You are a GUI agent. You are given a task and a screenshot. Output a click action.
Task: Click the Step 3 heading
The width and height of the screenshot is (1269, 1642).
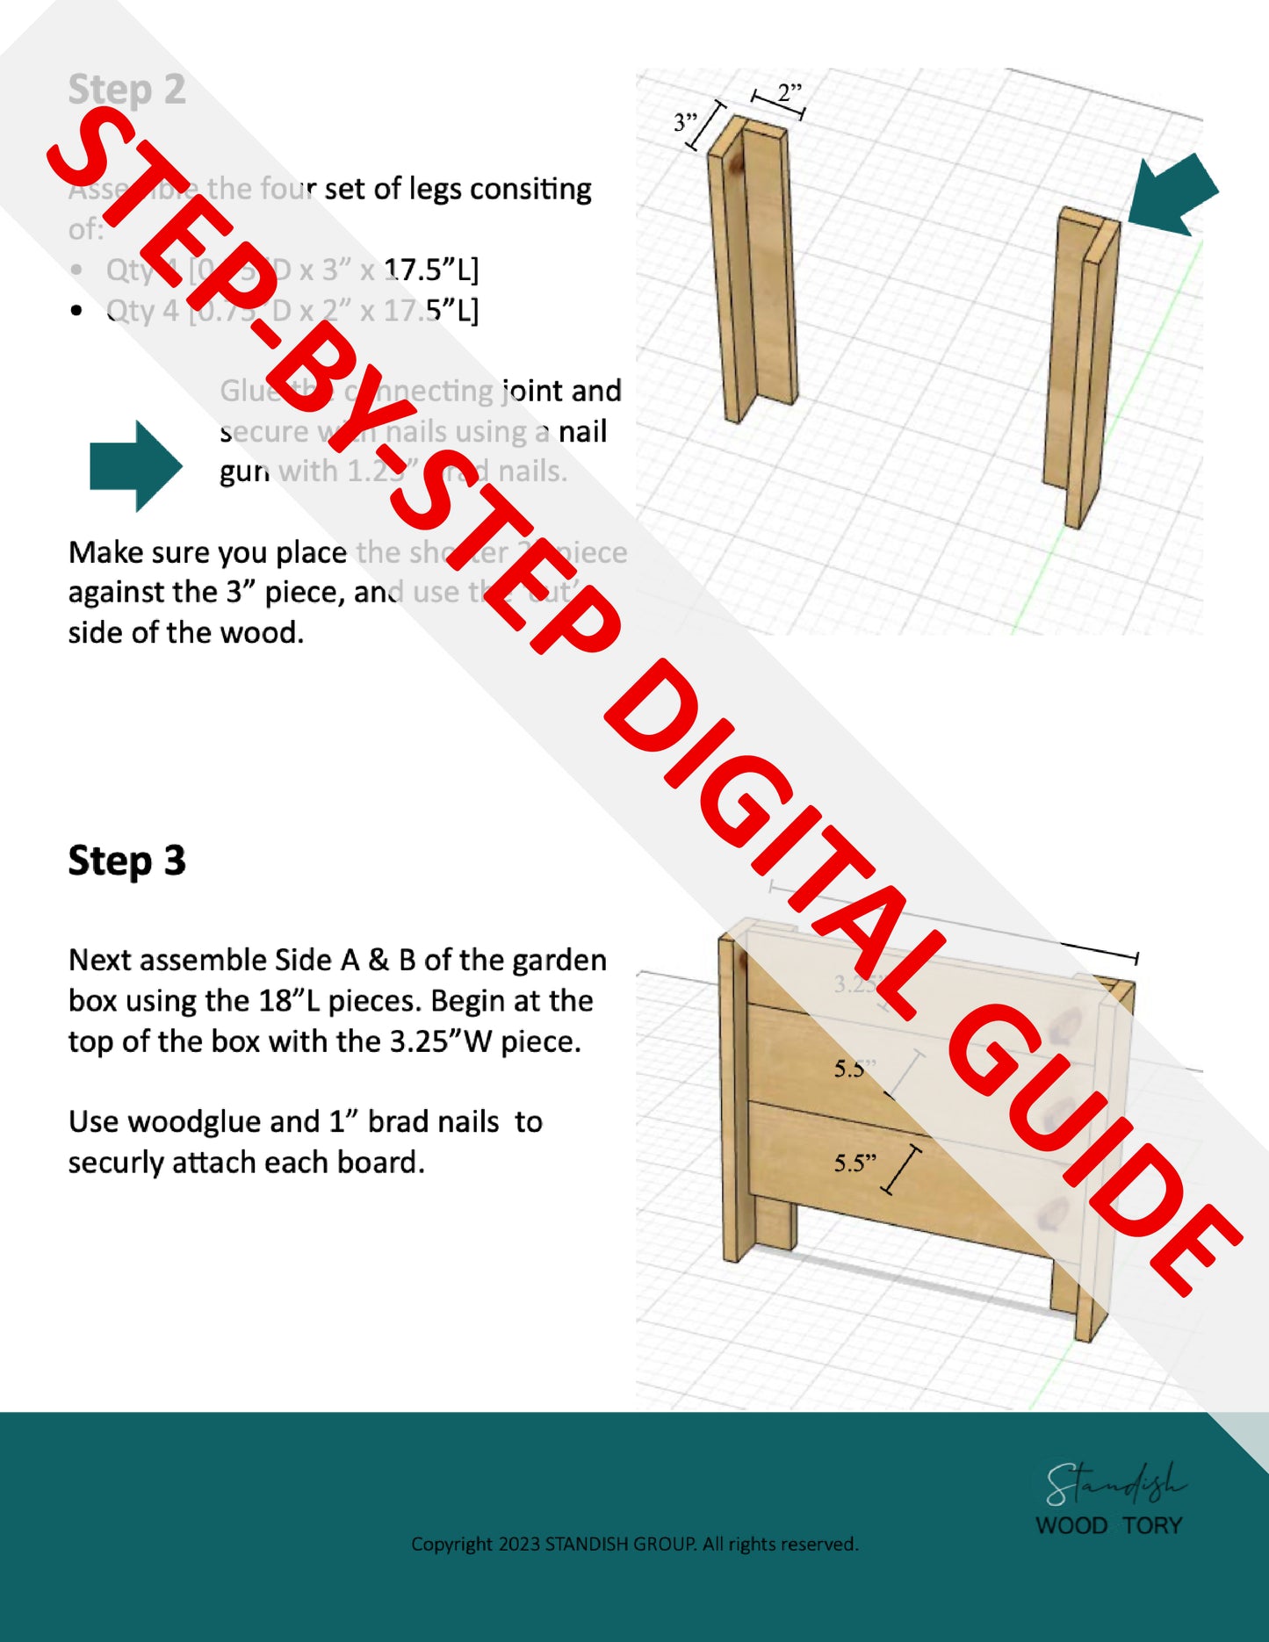pyautogui.click(x=126, y=861)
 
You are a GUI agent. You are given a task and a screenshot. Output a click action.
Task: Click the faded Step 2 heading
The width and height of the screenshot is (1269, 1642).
pyautogui.click(x=126, y=90)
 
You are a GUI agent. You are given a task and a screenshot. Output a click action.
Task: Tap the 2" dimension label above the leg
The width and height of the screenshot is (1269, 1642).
pyautogui.click(x=789, y=91)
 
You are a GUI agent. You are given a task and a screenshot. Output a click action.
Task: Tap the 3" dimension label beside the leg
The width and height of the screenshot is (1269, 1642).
pyautogui.click(x=685, y=122)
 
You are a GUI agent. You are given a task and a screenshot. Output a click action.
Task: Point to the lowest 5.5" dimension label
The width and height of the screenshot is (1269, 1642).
pyautogui.click(x=854, y=1163)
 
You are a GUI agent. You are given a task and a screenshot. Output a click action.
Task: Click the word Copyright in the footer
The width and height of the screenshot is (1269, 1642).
pyautogui.click(x=451, y=1544)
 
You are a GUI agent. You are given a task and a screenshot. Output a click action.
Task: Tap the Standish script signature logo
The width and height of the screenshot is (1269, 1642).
pyautogui.click(x=1114, y=1482)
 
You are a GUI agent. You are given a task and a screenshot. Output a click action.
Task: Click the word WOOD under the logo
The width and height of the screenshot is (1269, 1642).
pyautogui.click(x=1071, y=1526)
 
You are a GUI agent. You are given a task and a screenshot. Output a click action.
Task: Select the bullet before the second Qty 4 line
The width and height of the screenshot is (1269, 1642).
pyautogui.click(x=77, y=311)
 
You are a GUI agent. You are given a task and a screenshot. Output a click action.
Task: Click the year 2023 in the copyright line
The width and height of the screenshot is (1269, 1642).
pyautogui.click(x=519, y=1544)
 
